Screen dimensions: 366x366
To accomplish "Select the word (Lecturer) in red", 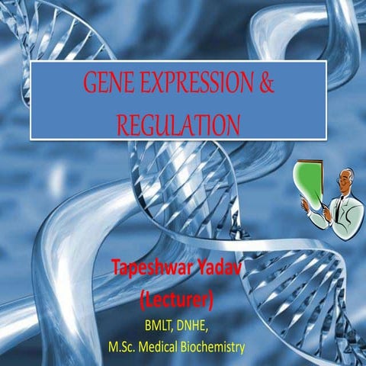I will point(181,293).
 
